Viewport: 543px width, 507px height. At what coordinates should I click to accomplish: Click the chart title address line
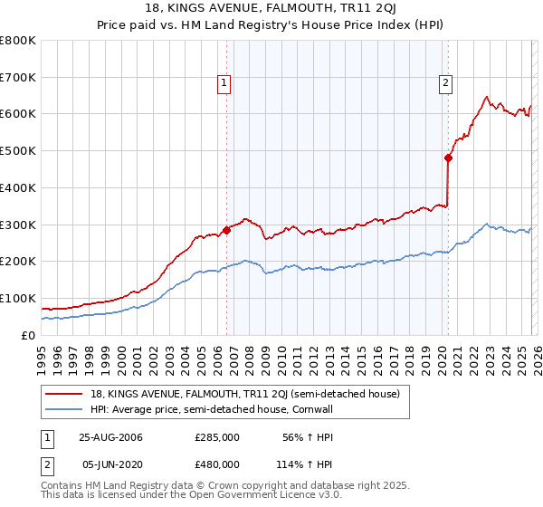pos(271,10)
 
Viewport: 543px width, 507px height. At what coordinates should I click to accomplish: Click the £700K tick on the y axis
pos(18,77)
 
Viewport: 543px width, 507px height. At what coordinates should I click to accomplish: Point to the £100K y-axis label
pos(18,298)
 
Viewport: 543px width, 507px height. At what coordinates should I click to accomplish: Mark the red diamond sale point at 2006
pos(226,230)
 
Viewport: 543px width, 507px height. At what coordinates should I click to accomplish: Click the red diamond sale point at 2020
pos(448,158)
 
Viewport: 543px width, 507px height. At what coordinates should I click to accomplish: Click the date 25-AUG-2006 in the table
pos(110,436)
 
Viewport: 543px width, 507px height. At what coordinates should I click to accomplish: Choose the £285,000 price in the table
pos(217,436)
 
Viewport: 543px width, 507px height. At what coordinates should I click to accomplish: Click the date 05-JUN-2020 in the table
pos(110,464)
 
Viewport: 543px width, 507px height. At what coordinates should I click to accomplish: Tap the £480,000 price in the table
pos(217,464)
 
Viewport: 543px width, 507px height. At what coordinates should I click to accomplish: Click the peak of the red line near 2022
pos(487,96)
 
